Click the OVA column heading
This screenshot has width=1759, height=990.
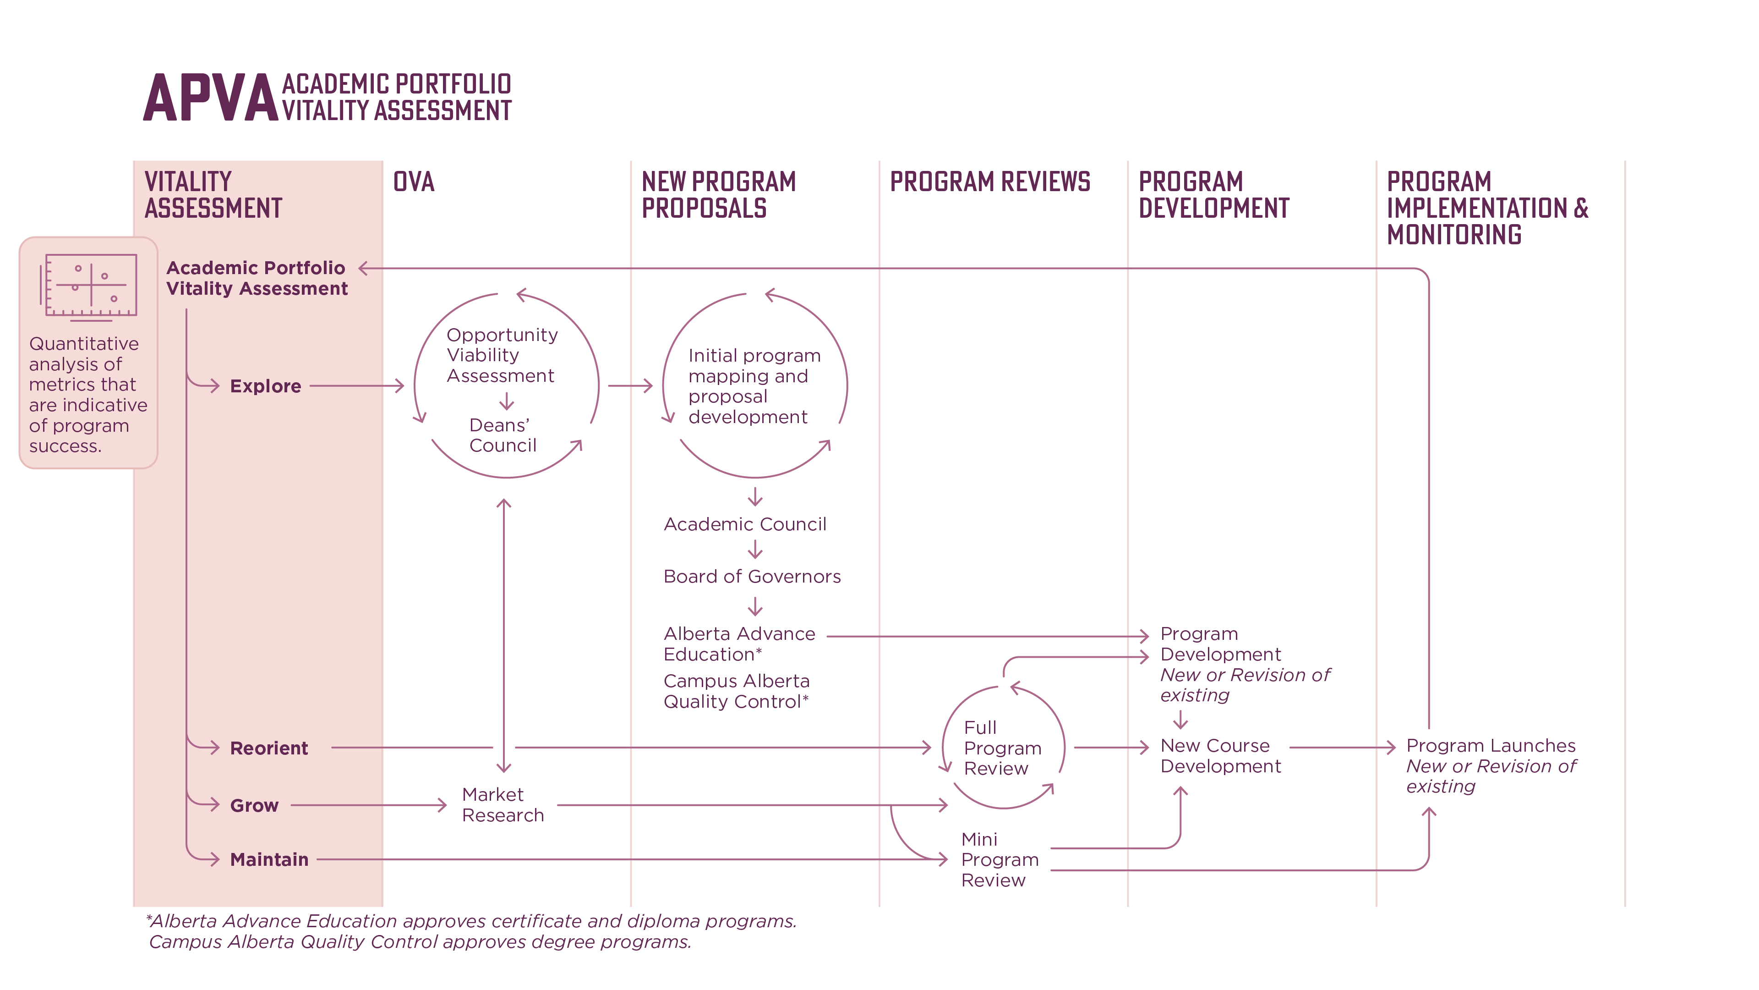413,182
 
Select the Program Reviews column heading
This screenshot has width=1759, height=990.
989,182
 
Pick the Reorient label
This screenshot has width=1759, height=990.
268,748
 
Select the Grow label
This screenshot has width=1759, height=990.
254,806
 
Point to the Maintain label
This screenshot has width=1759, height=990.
269,859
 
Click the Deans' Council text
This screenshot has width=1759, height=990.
502,435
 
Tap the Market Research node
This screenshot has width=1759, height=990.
502,805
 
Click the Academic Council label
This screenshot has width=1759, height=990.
745,524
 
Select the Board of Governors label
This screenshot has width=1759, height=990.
752,577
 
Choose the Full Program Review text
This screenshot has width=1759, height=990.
1002,748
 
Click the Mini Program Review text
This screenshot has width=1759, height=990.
999,859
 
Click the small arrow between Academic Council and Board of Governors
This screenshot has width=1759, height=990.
754,550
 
